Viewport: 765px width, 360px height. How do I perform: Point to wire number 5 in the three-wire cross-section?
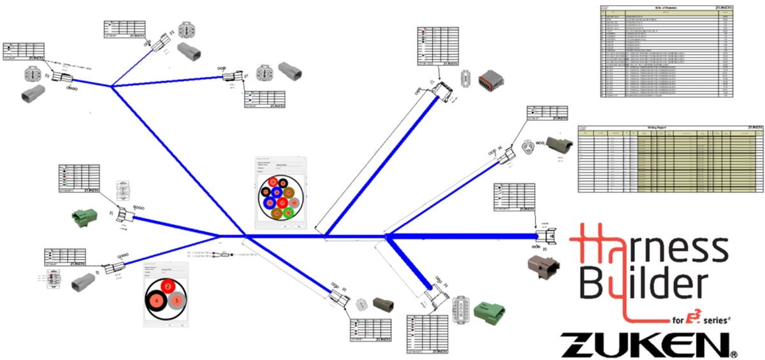[175, 301]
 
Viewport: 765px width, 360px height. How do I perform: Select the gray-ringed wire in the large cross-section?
[293, 203]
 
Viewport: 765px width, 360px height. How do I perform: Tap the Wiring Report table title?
[668, 128]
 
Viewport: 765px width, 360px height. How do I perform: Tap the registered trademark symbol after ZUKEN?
[734, 353]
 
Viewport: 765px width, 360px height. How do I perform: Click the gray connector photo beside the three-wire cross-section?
[84, 282]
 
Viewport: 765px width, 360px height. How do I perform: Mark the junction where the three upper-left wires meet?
[112, 87]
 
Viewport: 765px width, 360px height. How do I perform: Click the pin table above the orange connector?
[439, 47]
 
